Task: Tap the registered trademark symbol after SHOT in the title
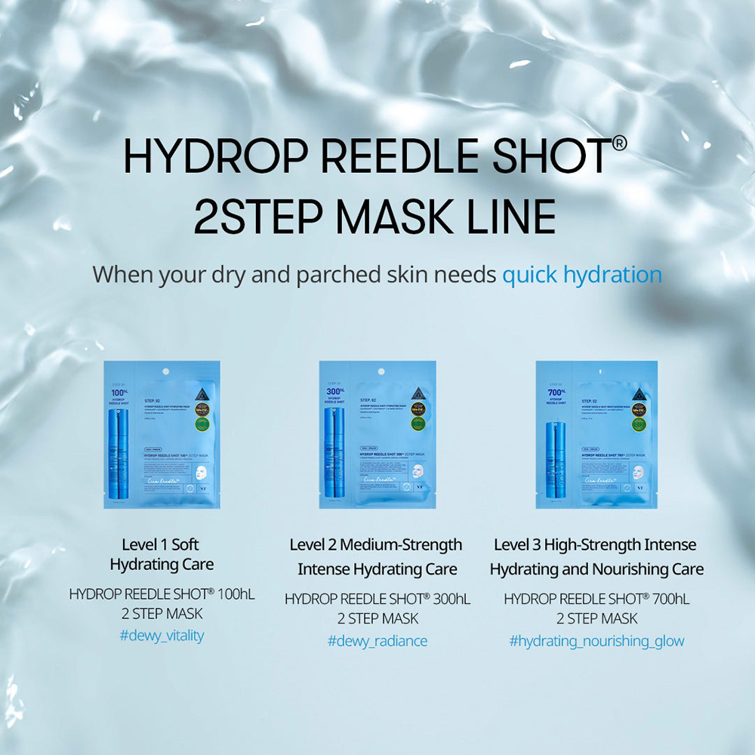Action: click(619, 143)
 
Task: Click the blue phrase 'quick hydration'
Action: click(582, 274)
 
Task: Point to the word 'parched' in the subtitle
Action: click(337, 275)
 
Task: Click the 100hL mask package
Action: click(162, 434)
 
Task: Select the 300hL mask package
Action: click(377, 434)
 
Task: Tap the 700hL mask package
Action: click(596, 434)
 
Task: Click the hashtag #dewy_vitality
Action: click(162, 635)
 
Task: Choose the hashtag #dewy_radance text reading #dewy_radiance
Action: click(377, 641)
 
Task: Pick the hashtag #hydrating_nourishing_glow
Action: click(596, 641)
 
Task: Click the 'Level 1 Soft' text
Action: click(161, 544)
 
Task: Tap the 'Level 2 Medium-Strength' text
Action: click(376, 544)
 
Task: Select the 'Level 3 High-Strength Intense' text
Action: click(596, 544)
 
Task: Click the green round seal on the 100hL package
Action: click(202, 424)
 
